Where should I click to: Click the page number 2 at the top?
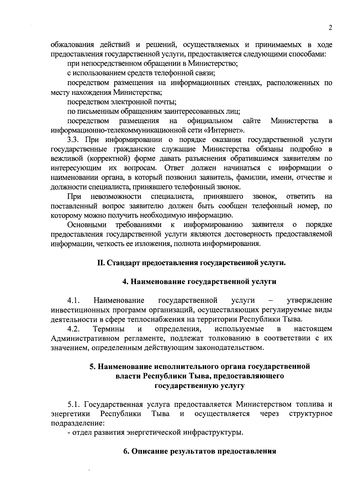(x=330, y=28)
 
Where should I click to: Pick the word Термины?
(x=109, y=329)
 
